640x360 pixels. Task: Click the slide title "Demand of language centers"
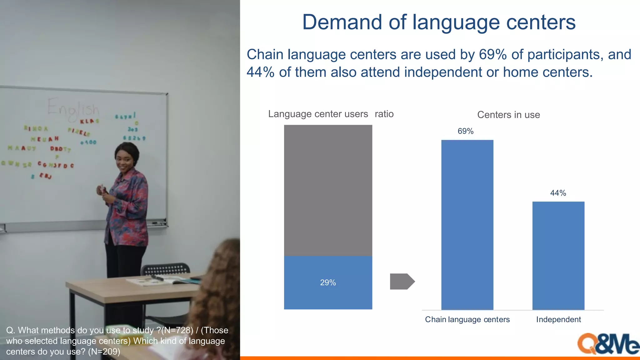439,22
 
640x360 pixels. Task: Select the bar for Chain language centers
467,225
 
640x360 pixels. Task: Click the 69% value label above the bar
466,131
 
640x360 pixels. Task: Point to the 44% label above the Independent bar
558,193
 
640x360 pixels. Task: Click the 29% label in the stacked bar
328,282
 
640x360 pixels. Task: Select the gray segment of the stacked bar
328,191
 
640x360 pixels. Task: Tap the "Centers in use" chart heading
508,115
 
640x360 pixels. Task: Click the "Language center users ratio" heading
331,114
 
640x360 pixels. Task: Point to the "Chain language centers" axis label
467,319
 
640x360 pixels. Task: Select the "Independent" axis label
558,319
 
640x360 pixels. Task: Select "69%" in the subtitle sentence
493,55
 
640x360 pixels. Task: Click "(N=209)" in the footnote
104,352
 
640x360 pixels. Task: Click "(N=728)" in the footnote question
177,330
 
